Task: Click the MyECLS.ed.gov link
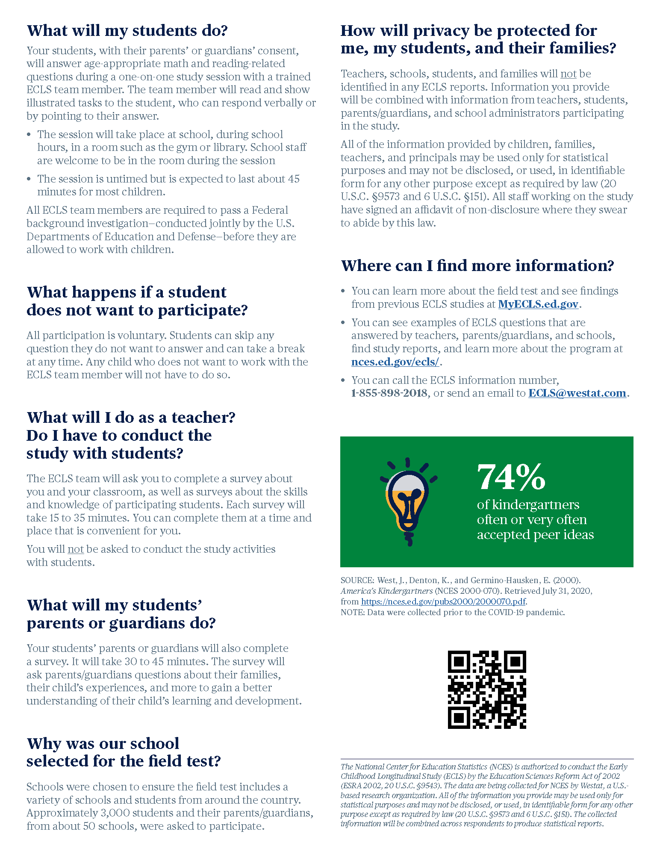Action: click(x=538, y=304)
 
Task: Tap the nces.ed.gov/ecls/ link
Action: click(x=395, y=362)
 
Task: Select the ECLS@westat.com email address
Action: click(x=577, y=393)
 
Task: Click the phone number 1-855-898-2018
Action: click(x=389, y=393)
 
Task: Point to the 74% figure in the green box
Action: click(x=511, y=477)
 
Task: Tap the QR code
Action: click(x=487, y=690)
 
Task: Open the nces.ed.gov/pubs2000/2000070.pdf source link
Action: click(x=443, y=601)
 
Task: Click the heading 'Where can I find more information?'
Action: click(x=477, y=265)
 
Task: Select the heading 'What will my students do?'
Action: click(x=127, y=31)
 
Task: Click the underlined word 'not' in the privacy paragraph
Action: click(x=568, y=74)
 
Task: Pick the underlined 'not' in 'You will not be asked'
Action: click(x=76, y=549)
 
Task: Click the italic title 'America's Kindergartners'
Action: click(x=386, y=591)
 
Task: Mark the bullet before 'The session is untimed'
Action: click(x=29, y=179)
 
